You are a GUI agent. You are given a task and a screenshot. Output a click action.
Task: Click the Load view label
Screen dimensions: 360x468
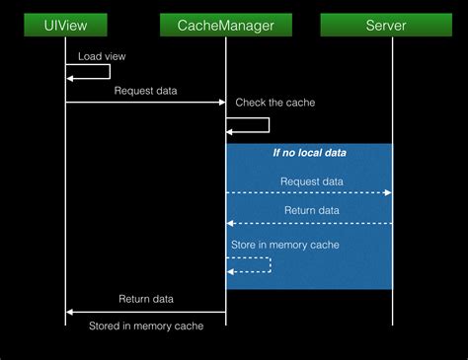[102, 56]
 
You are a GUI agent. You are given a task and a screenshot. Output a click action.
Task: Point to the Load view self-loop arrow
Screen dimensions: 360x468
[109, 72]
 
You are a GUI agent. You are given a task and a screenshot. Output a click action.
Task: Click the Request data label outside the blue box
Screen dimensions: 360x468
[146, 90]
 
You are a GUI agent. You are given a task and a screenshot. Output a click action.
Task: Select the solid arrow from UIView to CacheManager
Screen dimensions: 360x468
[146, 102]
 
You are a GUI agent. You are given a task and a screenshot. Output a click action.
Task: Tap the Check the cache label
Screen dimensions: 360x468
[273, 103]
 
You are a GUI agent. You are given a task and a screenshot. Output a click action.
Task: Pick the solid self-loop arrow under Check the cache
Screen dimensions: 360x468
[268, 125]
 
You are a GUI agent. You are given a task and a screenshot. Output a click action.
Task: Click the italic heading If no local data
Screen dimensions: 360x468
[309, 153]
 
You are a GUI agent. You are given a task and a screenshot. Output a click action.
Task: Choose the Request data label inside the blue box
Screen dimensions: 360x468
[312, 181]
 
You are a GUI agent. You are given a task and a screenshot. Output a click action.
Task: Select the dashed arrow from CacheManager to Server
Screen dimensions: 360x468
[309, 193]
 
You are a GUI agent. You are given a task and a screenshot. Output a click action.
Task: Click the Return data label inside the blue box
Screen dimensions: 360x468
[312, 211]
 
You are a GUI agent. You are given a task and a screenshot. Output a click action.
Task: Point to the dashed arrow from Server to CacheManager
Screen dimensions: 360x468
[309, 223]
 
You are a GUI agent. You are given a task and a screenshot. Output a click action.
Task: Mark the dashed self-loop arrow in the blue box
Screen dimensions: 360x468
[269, 264]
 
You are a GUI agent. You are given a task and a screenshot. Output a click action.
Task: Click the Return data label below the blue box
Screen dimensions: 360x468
[146, 299]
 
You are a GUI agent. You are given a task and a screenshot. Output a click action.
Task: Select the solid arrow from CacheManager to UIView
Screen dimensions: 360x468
[146, 312]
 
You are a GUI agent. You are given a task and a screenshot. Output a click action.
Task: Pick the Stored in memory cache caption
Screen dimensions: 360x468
[146, 325]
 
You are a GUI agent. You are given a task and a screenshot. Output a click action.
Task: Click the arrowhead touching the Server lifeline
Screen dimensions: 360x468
[388, 193]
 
